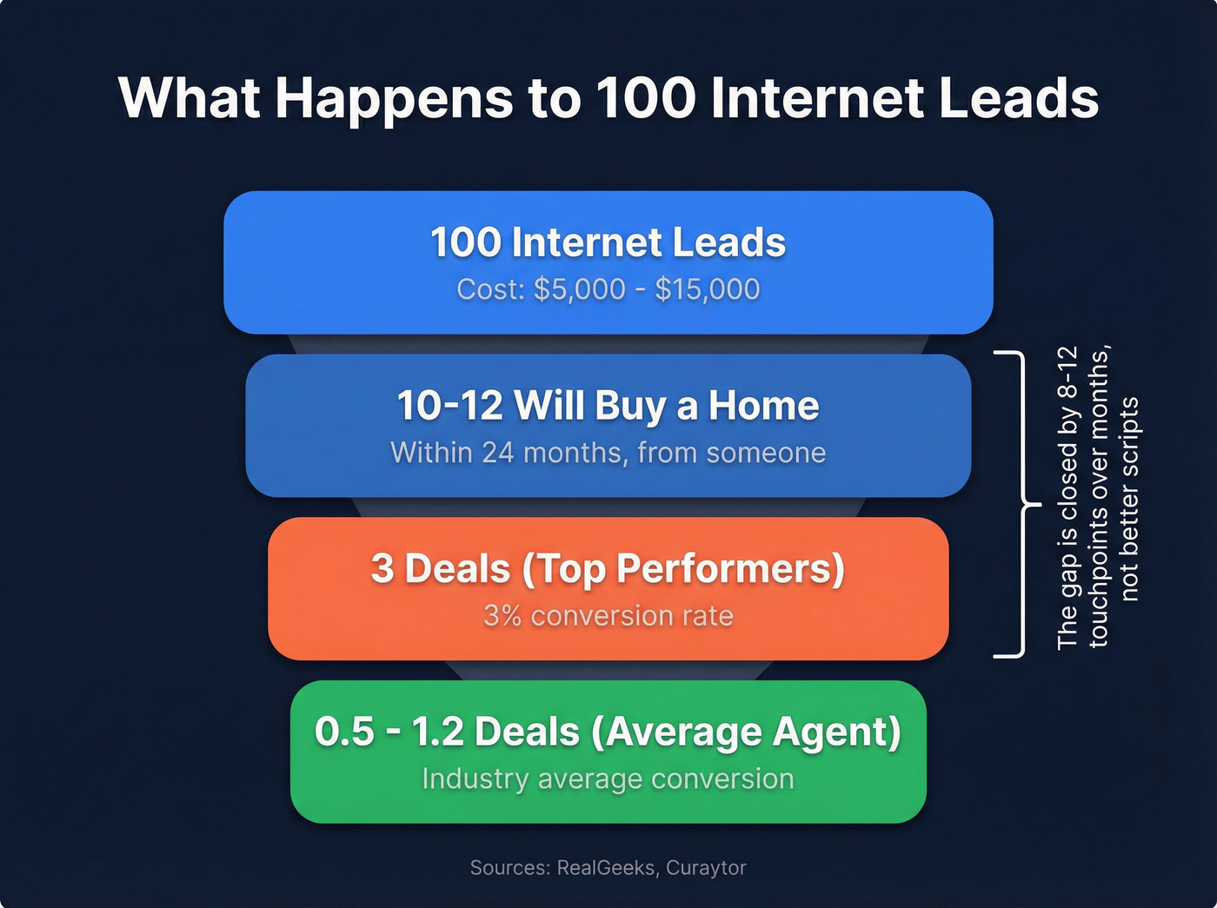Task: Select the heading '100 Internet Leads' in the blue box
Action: (x=608, y=242)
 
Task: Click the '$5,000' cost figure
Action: (x=579, y=289)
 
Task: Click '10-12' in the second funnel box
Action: (x=449, y=406)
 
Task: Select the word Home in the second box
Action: (x=763, y=406)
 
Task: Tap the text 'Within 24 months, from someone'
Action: (x=608, y=453)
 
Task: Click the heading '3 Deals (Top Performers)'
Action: (x=608, y=569)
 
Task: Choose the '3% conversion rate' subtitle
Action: (x=608, y=616)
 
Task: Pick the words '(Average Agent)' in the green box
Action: (x=746, y=732)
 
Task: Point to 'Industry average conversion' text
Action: (x=608, y=779)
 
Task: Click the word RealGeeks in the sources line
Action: (x=606, y=868)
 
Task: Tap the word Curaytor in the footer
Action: (x=706, y=868)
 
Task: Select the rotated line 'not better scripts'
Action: (x=1129, y=500)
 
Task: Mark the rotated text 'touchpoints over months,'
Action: (x=1099, y=497)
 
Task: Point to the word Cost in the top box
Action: (x=490, y=289)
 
